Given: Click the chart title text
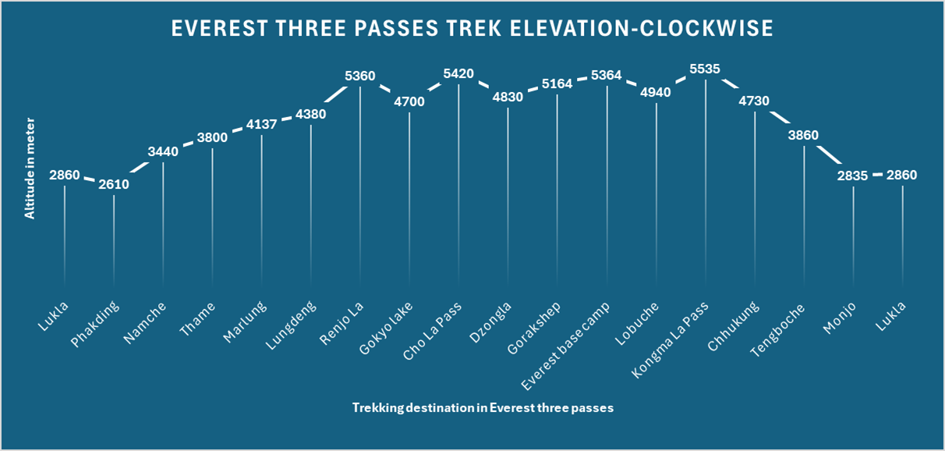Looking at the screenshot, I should [472, 29].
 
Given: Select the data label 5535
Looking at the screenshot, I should [705, 69].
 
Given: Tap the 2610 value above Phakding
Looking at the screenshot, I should [114, 185].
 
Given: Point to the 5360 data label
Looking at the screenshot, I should [360, 76].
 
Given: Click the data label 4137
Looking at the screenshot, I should [261, 125].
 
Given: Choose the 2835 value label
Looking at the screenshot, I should [853, 176].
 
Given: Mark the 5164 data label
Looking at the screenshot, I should [557, 83].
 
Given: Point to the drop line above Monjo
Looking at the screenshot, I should [853, 234].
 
